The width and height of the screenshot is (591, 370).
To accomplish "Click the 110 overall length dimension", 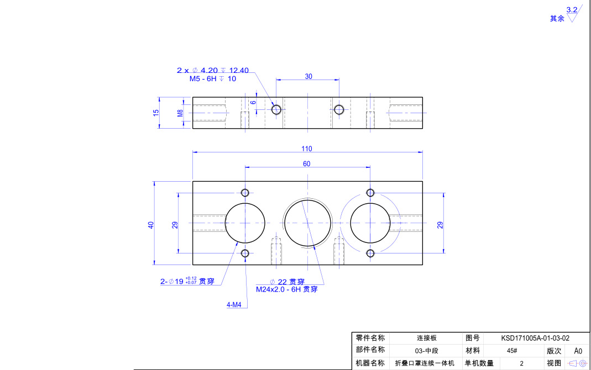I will (x=307, y=149).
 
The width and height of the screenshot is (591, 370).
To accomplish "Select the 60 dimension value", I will (x=307, y=163).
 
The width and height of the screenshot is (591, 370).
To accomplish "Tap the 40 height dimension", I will (x=151, y=225).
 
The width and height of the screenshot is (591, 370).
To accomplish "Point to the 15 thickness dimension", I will (x=156, y=112).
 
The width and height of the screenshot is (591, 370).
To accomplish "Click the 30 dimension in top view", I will (x=308, y=76).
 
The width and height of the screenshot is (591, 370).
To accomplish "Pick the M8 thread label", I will (x=180, y=113).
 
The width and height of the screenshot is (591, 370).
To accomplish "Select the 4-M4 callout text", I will (x=234, y=304).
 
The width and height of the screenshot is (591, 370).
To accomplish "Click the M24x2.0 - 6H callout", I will (x=286, y=289).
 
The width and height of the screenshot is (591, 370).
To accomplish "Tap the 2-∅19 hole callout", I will (x=187, y=281).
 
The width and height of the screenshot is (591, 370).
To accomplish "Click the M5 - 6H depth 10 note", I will (x=213, y=78).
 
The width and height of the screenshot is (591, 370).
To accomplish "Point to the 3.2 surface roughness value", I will (x=572, y=9).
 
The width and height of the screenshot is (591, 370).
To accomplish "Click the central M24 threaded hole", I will (x=307, y=223).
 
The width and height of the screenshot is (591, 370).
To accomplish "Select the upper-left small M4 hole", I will (x=245, y=192).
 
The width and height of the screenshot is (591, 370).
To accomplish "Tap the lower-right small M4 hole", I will (x=370, y=253).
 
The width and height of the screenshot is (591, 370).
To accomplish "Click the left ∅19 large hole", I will (x=245, y=223).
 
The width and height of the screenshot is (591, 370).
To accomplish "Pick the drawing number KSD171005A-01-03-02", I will (x=535, y=338).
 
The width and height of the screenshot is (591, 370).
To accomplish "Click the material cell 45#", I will (x=511, y=351).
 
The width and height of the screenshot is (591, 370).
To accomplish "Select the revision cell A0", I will (x=578, y=351).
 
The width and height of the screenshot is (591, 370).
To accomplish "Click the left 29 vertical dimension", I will (x=175, y=225).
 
